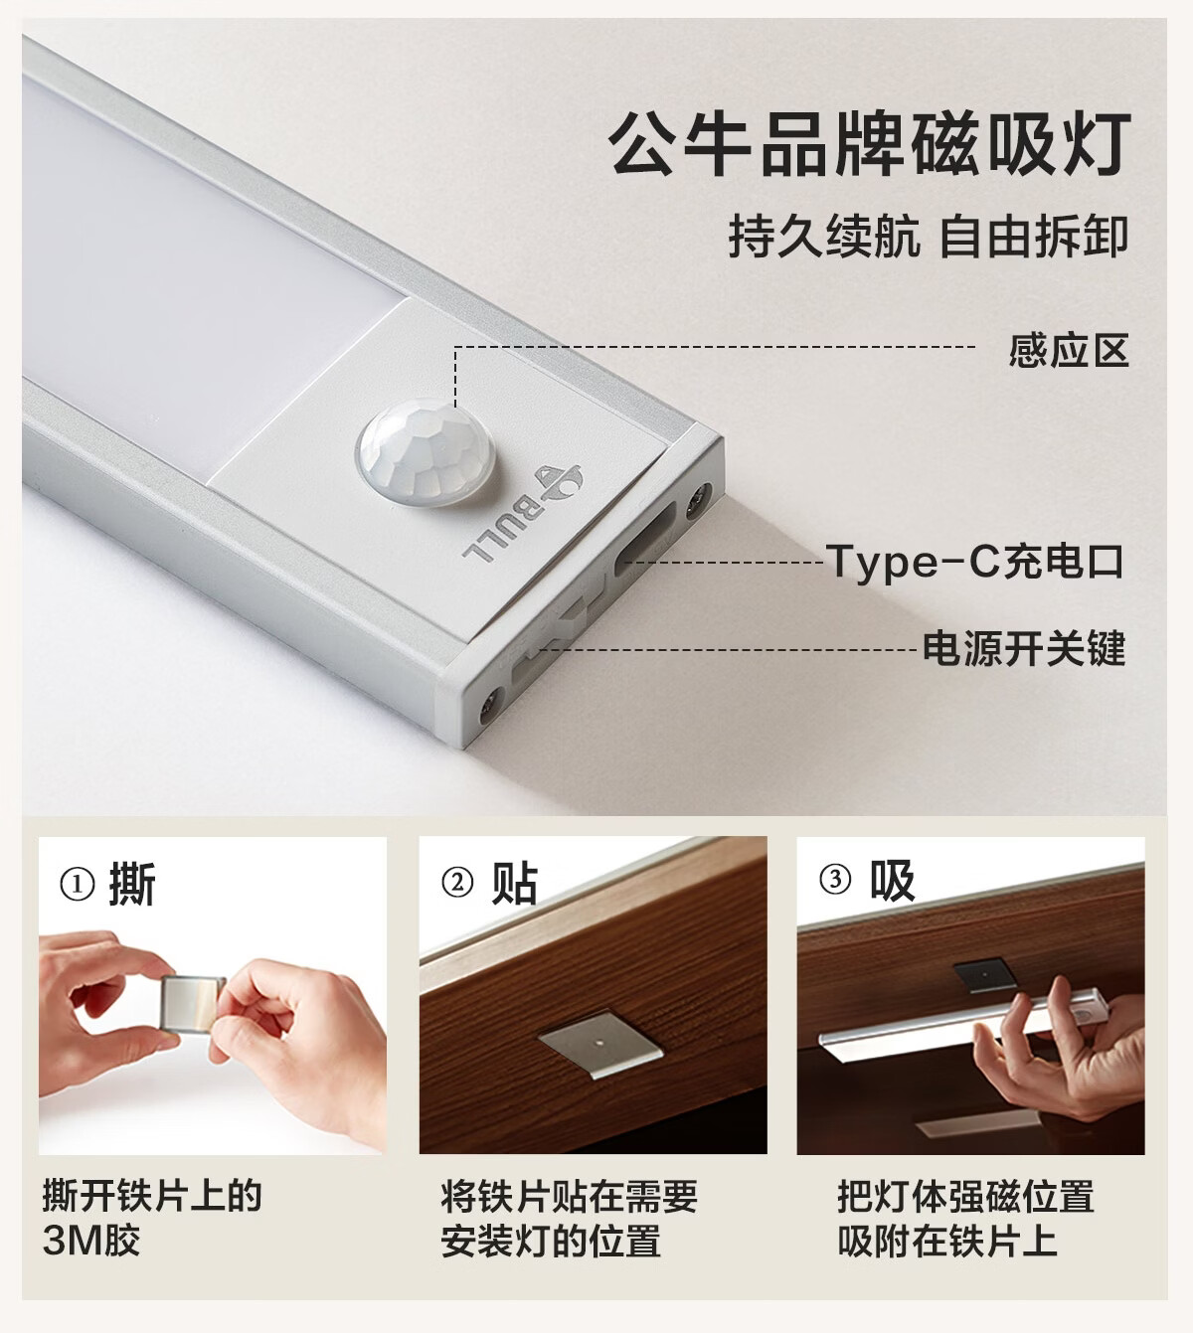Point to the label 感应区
pyautogui.click(x=1069, y=350)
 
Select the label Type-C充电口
pyautogui.click(x=975, y=562)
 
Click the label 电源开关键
pyautogui.click(x=1024, y=649)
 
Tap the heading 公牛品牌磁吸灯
pyautogui.click(x=869, y=144)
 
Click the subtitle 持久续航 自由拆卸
pyautogui.click(x=929, y=237)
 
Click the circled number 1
pyautogui.click(x=77, y=885)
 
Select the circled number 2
pyautogui.click(x=457, y=883)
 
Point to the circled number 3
pyautogui.click(x=835, y=879)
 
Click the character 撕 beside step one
pyautogui.click(x=132, y=884)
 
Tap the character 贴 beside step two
pyautogui.click(x=515, y=882)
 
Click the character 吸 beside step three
pyautogui.click(x=893, y=879)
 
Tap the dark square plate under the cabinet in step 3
pyautogui.click(x=984, y=976)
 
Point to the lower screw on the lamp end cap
pyautogui.click(x=491, y=701)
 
